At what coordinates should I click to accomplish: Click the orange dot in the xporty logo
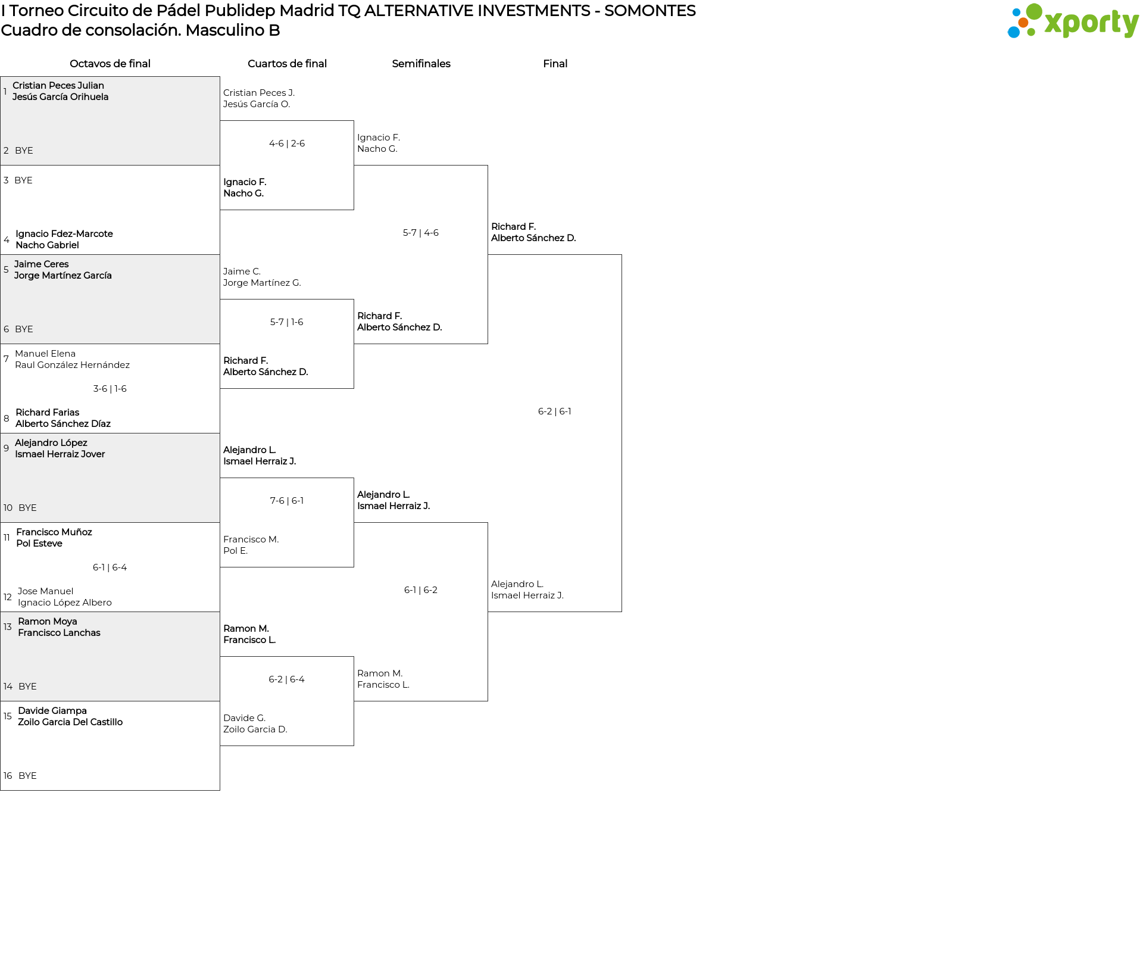[1023, 23]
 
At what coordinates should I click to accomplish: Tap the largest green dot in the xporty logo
[1034, 11]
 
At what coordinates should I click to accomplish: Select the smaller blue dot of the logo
[1016, 12]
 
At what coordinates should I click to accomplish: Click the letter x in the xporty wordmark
[1054, 23]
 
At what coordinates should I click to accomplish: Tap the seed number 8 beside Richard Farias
[7, 418]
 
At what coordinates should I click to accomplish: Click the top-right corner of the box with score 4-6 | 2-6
[354, 121]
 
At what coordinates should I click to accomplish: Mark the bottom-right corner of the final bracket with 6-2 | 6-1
[622, 612]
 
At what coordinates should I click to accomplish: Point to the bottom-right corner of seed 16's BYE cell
[220, 790]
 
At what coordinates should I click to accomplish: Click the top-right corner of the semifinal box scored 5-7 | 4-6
[488, 166]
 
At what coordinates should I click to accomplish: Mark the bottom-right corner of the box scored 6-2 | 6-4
[354, 745]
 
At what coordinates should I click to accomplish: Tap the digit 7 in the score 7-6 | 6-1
[273, 501]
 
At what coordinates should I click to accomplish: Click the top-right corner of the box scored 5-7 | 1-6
[354, 300]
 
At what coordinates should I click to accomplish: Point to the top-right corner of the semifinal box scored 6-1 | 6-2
[488, 523]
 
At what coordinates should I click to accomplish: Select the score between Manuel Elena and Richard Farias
[110, 389]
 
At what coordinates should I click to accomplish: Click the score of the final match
[555, 411]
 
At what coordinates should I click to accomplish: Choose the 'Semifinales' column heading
[421, 64]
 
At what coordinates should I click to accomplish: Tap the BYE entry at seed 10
[27, 508]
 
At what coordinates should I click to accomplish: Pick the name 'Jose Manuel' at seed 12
[45, 591]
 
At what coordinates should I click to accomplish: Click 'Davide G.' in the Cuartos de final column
[245, 718]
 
